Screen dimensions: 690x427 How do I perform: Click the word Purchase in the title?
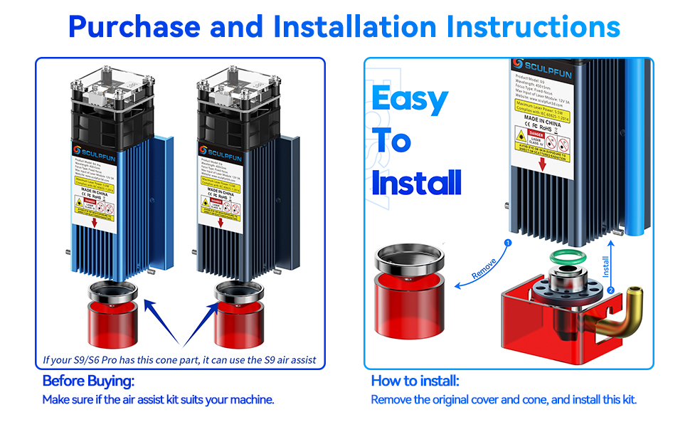click(134, 26)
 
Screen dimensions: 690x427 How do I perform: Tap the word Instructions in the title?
click(533, 26)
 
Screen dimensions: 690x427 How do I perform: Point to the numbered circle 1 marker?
click(507, 243)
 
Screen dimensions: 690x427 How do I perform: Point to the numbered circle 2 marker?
click(610, 290)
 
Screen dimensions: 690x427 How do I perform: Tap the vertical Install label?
click(606, 266)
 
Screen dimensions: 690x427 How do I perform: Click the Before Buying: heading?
click(88, 381)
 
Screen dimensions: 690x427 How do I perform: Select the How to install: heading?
click(415, 381)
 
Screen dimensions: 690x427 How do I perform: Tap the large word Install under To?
click(416, 184)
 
